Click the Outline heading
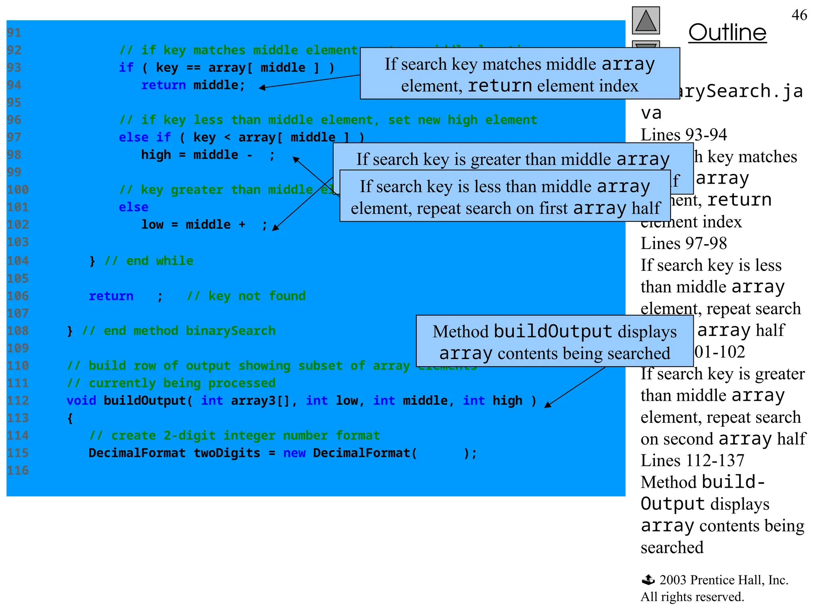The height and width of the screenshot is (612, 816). (727, 33)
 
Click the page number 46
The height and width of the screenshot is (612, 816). (799, 15)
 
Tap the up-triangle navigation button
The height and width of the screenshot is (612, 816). (646, 21)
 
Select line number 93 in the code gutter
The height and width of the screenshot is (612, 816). (14, 68)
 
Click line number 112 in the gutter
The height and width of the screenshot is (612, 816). (18, 400)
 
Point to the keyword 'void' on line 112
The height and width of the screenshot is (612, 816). (81, 400)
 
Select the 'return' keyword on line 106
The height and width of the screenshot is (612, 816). (111, 296)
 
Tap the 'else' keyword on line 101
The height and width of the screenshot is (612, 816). (133, 207)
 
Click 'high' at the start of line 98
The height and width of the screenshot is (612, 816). (156, 155)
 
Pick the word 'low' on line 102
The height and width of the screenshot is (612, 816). (152, 225)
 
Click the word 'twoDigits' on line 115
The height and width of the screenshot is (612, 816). (227, 453)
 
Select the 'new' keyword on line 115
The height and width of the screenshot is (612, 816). (294, 453)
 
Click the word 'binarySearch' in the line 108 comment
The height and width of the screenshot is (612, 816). (231, 331)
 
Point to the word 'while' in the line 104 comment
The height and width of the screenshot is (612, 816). (175, 261)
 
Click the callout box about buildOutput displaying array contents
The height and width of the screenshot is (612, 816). (554, 341)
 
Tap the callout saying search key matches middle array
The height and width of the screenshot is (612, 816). (520, 74)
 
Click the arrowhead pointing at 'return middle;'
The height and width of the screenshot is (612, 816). (262, 88)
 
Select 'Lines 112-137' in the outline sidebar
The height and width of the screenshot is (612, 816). (692, 461)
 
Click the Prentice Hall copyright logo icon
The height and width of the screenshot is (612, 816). (648, 580)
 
